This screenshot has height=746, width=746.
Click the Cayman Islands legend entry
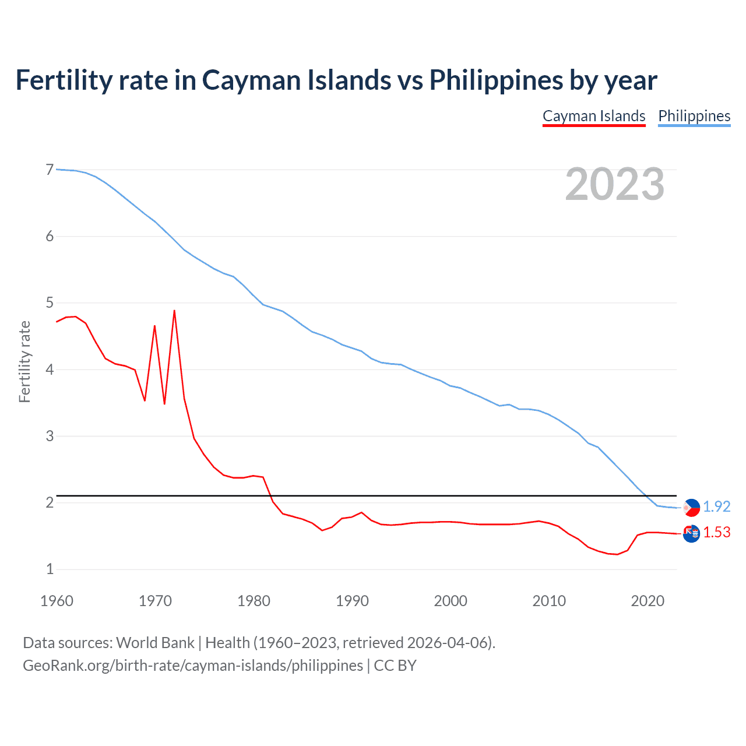(594, 116)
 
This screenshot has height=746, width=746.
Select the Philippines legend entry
(694, 116)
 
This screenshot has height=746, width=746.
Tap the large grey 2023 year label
(615, 184)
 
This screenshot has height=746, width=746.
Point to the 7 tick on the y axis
(50, 170)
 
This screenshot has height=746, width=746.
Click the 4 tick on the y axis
(50, 370)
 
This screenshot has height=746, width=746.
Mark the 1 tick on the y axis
(50, 569)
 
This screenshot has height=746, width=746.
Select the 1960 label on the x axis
(57, 601)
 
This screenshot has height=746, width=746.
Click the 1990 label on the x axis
(352, 601)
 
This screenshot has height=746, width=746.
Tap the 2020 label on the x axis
(648, 601)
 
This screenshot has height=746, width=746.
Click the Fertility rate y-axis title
(24, 361)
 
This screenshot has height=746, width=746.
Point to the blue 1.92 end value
(716, 506)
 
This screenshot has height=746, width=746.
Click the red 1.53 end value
(716, 532)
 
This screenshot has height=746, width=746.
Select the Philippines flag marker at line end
(691, 508)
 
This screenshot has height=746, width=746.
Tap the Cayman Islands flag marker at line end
(691, 533)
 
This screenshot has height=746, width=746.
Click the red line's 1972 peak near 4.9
(174, 311)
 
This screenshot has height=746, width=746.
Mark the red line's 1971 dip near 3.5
(164, 403)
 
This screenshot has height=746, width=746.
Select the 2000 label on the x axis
(451, 601)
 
